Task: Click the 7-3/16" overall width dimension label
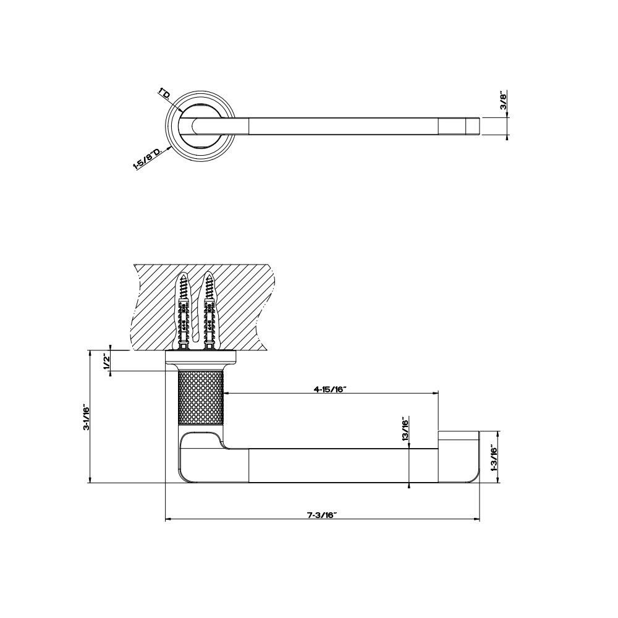pos(321,515)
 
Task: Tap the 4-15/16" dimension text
pos(329,389)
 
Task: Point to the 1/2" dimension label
pos(106,361)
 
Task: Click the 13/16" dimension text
pos(405,431)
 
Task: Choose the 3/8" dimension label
pos(504,100)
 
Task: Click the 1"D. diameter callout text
pos(164,95)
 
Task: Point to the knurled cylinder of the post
pos(201,397)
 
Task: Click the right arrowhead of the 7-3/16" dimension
pos(477,520)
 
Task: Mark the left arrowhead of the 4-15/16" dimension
pos(226,393)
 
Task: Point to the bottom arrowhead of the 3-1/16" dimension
pos(91,480)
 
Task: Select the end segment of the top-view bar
pos(460,126)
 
